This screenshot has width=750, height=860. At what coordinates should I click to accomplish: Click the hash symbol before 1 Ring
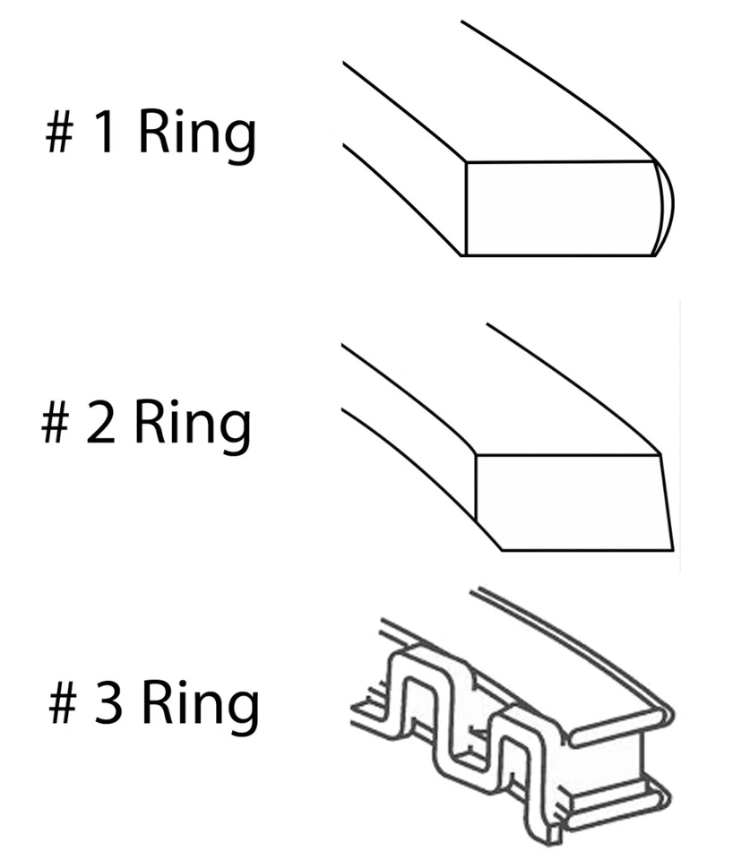(x=60, y=134)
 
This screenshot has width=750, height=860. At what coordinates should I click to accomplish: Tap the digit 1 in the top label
(x=105, y=134)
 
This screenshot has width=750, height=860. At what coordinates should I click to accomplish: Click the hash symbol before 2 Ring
(x=56, y=424)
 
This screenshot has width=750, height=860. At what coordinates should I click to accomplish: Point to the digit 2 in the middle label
(x=102, y=424)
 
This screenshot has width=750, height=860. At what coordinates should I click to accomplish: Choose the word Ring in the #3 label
(x=200, y=705)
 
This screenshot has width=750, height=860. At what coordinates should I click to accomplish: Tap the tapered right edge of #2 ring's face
(x=667, y=502)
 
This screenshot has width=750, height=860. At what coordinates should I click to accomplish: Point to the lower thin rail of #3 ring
(x=618, y=802)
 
